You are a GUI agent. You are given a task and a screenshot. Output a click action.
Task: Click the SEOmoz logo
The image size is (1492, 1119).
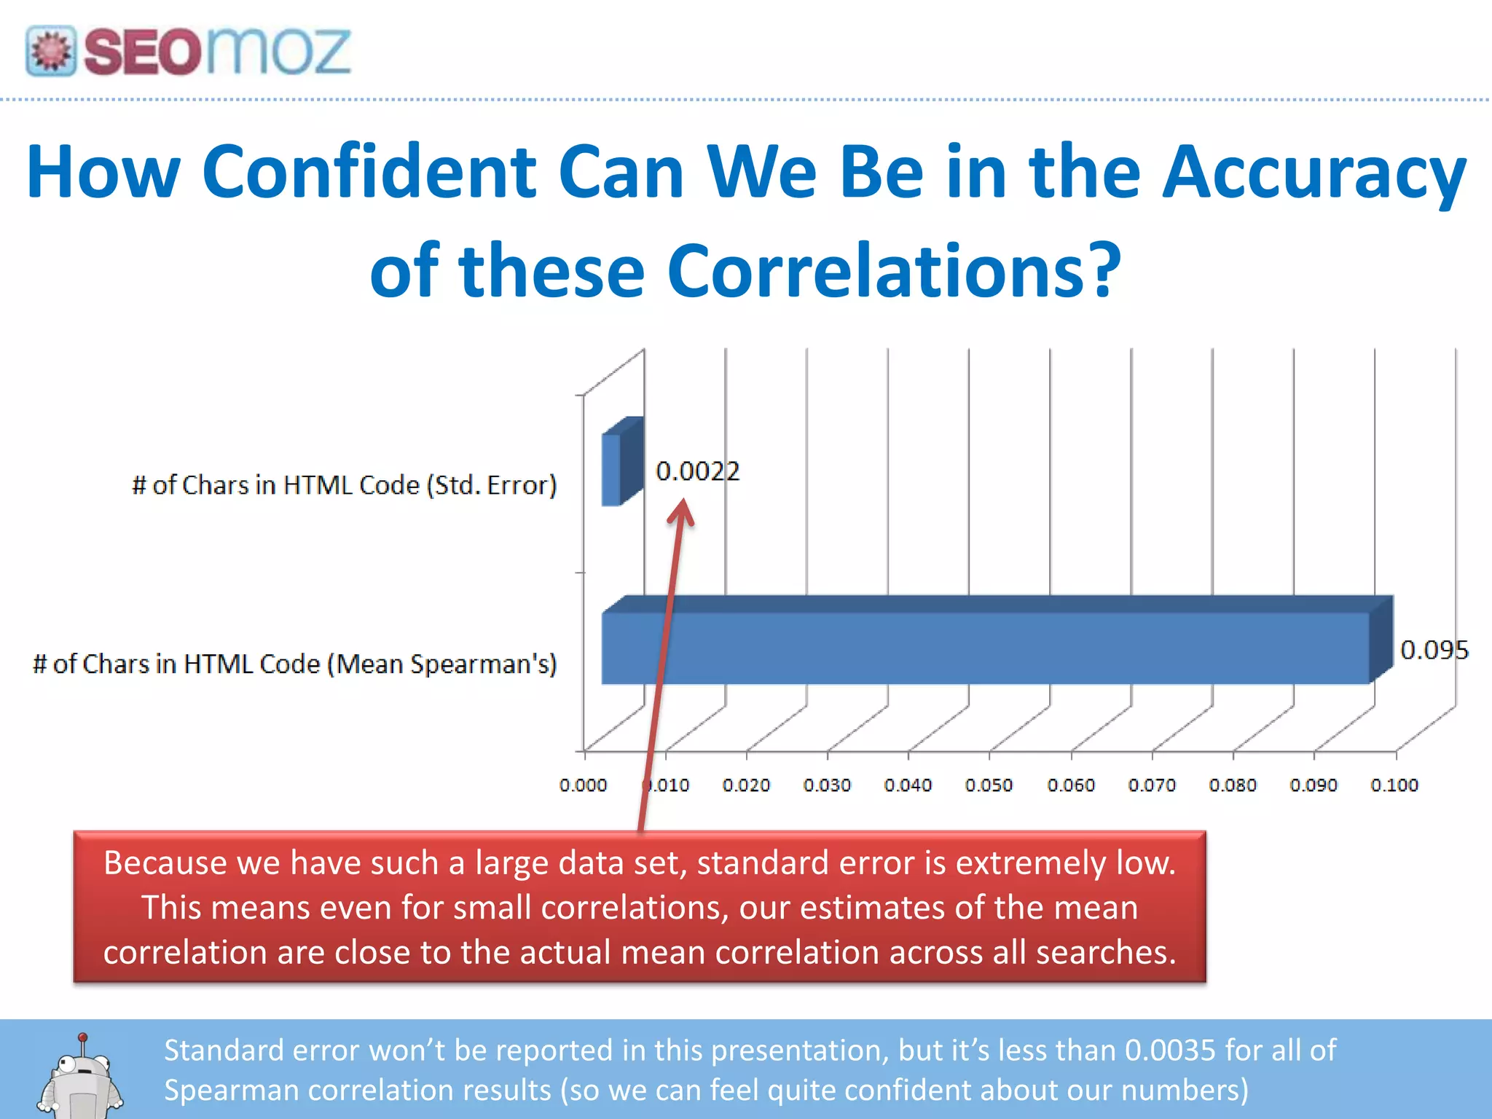(x=188, y=51)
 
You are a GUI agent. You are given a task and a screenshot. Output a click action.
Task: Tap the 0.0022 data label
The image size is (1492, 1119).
(x=697, y=471)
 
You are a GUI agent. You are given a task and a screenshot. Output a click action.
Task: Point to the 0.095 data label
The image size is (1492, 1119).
(x=1434, y=650)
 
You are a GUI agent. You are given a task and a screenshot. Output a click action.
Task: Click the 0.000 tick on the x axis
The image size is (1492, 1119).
(x=583, y=785)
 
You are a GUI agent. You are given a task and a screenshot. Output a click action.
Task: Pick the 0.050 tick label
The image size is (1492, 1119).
(x=989, y=785)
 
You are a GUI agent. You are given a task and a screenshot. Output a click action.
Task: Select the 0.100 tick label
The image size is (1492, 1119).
(x=1394, y=785)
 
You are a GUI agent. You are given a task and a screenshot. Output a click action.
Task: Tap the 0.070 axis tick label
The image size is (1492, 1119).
(x=1151, y=785)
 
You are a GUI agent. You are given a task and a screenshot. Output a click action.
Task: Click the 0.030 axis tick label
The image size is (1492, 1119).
(x=827, y=785)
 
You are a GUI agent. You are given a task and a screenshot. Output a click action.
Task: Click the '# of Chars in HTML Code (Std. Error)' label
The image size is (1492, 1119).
(x=344, y=485)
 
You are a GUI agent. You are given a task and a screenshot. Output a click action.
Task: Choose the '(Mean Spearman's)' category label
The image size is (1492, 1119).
(x=441, y=664)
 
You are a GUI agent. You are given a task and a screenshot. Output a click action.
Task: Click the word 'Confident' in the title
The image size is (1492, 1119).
(x=370, y=172)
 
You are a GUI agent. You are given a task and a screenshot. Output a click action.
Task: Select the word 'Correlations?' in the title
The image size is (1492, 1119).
(x=894, y=271)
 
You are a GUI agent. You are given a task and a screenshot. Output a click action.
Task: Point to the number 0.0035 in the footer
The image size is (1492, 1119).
(x=1170, y=1051)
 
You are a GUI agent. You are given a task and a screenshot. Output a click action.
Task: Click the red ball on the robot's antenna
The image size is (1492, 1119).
(x=83, y=1037)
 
